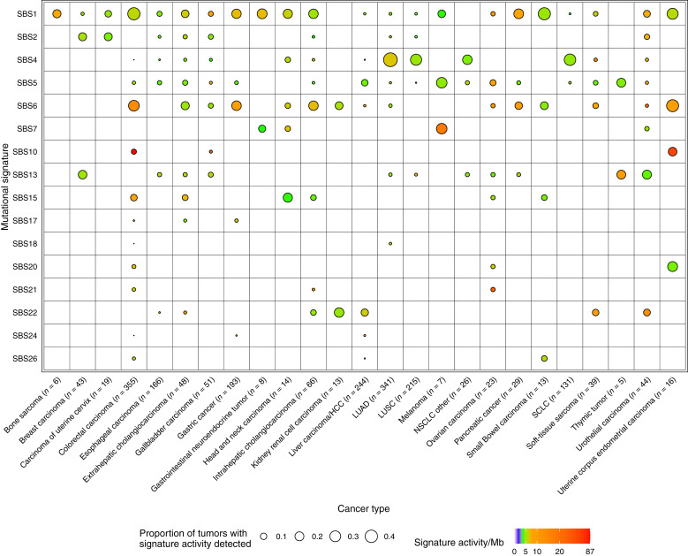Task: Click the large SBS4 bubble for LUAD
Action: point(389,60)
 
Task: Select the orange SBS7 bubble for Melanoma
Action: point(441,129)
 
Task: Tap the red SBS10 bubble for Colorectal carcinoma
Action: point(133,151)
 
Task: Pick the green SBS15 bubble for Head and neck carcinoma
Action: point(287,197)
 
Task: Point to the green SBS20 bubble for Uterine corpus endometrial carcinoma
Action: point(672,266)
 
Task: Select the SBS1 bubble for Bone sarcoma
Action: point(57,14)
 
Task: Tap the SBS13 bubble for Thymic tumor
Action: point(621,174)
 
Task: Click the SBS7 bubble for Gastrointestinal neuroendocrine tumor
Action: point(261,129)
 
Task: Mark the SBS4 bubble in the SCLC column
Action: point(570,60)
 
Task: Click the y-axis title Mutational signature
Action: point(6,186)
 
